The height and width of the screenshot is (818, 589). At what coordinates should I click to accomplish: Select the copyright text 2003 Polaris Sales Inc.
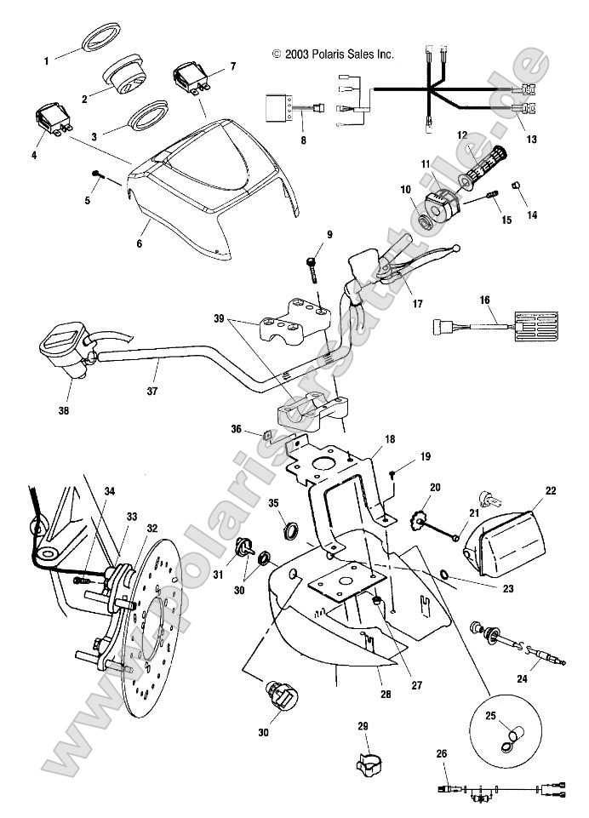pos(333,54)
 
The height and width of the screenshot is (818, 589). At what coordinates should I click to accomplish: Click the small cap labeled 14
pos(516,186)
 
